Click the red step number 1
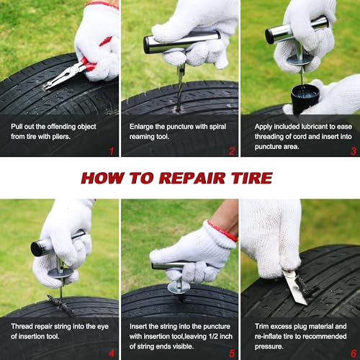coord(112,151)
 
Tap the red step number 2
coord(232,151)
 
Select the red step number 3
coord(354,151)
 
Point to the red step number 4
coord(112,354)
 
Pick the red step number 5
coord(232,354)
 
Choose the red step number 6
coord(354,354)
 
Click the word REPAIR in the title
coord(192,178)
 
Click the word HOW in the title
coord(103,178)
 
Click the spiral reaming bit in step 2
coord(180,89)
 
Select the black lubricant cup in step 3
coord(305,99)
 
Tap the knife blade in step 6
coord(294,287)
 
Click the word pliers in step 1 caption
coord(61,137)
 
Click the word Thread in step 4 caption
coord(22,326)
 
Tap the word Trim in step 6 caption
coord(261,326)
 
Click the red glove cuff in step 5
coord(222,231)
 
